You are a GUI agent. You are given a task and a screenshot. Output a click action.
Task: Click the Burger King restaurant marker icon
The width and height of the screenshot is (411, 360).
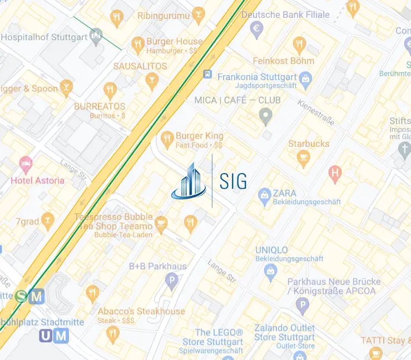(x=167, y=137)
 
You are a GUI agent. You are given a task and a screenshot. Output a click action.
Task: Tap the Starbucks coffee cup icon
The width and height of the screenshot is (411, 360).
(x=303, y=160)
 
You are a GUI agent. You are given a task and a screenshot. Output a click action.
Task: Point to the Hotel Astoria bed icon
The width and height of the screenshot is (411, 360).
(x=26, y=164)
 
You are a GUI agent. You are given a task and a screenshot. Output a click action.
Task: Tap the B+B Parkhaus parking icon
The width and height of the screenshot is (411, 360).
(x=172, y=280)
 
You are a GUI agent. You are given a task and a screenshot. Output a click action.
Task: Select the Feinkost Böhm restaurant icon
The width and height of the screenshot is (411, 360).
(x=300, y=44)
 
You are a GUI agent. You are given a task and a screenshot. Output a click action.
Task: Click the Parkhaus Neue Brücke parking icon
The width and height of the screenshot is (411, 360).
(x=302, y=304)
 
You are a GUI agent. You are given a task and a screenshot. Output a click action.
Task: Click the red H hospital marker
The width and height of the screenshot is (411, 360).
(x=335, y=172)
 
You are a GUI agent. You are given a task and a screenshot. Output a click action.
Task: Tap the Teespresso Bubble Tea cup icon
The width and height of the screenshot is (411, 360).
(x=161, y=224)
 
